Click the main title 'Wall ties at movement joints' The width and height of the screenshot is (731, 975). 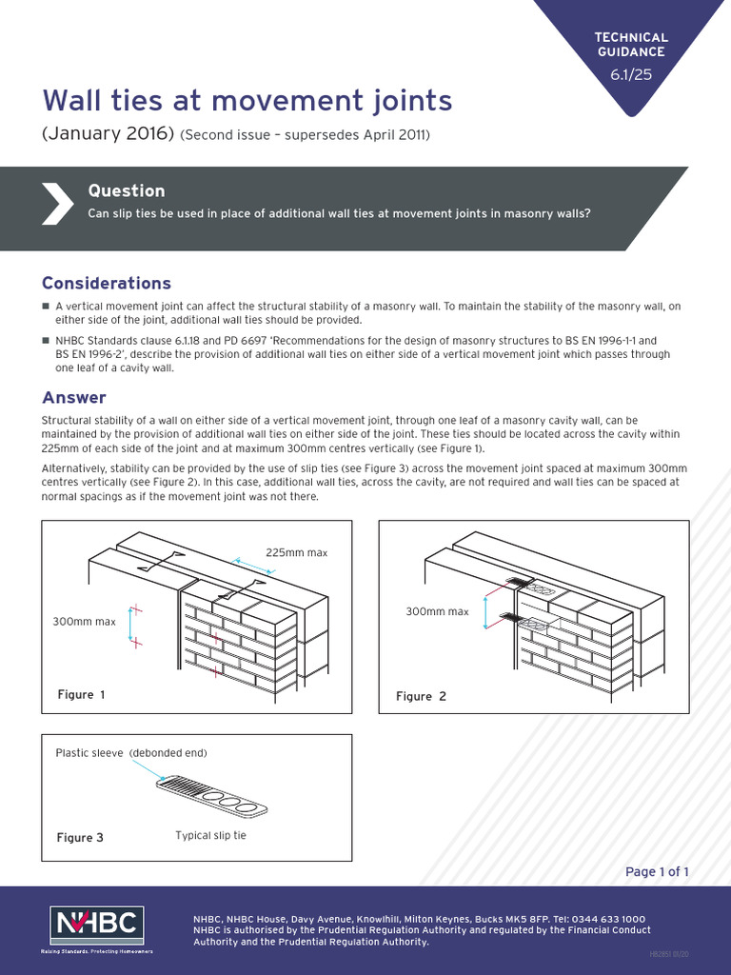point(247,100)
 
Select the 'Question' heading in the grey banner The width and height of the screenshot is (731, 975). point(126,190)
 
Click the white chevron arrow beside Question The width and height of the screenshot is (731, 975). point(55,203)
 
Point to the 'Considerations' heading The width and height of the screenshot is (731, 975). point(107,283)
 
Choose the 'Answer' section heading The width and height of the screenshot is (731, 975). point(74,397)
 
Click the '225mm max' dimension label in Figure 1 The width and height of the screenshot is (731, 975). point(296,553)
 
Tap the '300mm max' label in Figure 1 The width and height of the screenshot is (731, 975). point(84,622)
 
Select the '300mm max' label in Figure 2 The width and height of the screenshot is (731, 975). point(437,611)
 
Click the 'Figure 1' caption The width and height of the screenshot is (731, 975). point(81,694)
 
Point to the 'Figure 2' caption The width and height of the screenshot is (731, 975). point(421,696)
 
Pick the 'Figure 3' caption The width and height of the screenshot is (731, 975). point(81,838)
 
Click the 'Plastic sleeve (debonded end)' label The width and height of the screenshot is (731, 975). point(131,752)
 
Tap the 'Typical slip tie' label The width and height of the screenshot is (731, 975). point(211,835)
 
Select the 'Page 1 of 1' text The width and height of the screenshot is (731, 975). point(657,871)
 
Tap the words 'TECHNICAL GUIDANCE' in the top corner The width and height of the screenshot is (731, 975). point(631,44)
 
